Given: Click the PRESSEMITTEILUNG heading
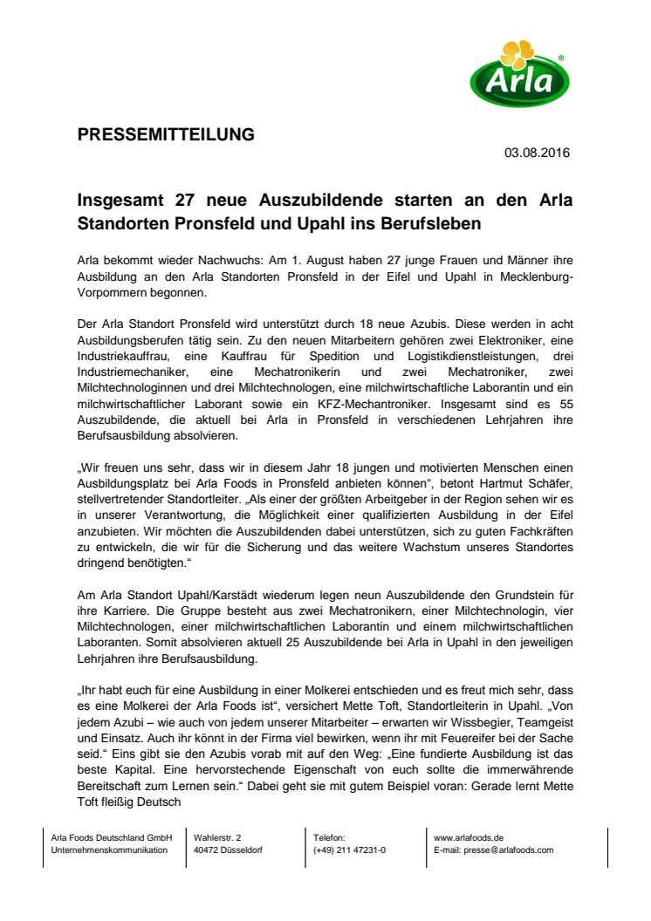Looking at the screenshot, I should (x=167, y=134).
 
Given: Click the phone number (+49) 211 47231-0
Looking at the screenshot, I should (x=351, y=850).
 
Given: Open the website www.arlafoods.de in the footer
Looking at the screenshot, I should (x=468, y=837).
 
